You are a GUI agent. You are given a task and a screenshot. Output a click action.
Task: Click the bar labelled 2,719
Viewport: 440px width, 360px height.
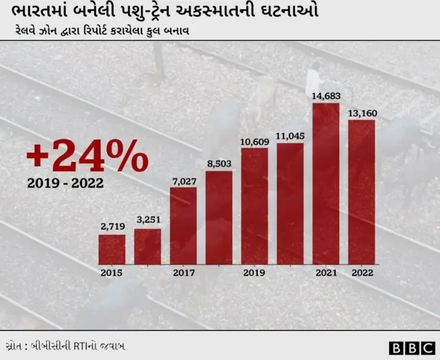pos(112,249)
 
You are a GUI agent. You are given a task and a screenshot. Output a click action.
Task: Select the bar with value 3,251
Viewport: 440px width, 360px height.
pos(147,247)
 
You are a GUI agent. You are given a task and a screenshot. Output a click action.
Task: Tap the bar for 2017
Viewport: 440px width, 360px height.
pos(184,225)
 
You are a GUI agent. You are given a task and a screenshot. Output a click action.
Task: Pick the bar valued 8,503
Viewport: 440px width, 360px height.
pos(219,217)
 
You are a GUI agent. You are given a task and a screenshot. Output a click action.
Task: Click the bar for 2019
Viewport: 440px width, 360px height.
pos(254,205)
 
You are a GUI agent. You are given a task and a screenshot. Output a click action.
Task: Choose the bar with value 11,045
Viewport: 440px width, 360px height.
pos(290,203)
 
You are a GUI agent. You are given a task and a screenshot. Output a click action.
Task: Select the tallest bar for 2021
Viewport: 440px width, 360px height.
pos(326,183)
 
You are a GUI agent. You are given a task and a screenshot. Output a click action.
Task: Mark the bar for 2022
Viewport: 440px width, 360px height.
pos(362,192)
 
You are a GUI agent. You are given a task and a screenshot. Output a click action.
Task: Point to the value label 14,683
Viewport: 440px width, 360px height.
pos(326,95)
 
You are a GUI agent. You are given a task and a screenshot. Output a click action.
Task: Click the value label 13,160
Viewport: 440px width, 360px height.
pos(362,112)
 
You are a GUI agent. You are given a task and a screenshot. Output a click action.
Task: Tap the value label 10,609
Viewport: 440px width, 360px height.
pos(254,141)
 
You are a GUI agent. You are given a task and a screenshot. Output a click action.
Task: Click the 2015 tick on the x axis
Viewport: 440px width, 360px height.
pos(111,273)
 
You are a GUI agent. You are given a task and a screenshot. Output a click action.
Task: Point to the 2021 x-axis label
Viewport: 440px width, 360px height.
pos(326,273)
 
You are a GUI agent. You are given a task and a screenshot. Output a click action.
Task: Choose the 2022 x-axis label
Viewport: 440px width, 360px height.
pos(362,273)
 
